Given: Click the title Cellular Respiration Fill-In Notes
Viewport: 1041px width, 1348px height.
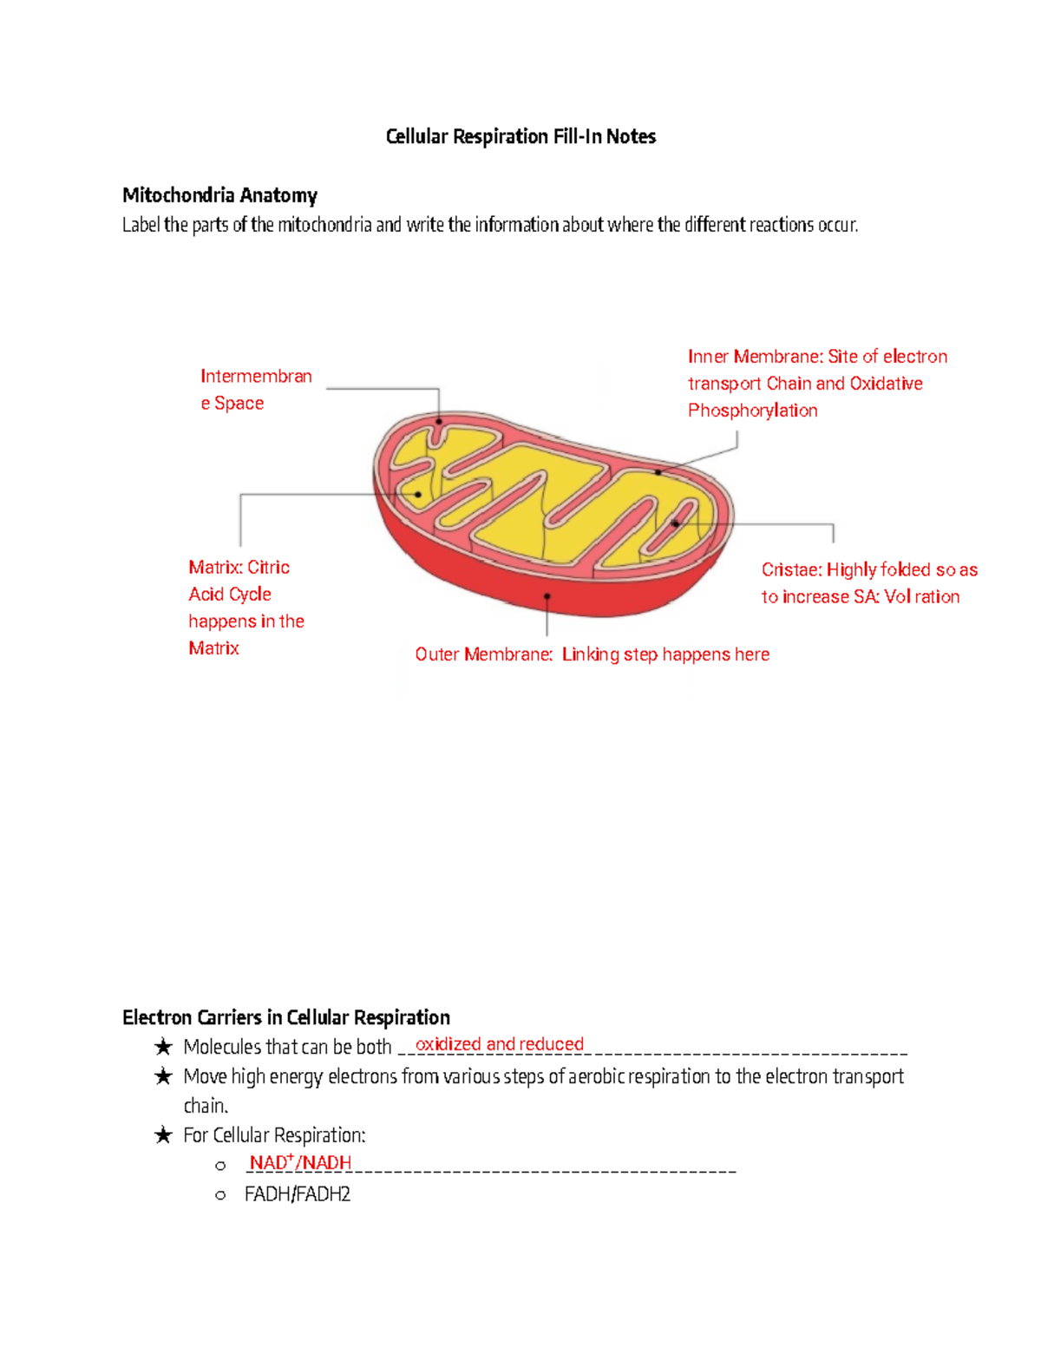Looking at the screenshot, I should (520, 136).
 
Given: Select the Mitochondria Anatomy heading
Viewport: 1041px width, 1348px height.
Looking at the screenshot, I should (219, 195).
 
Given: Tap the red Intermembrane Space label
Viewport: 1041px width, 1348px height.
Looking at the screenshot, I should (255, 389).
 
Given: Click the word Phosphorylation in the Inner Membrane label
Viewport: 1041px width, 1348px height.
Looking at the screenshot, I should (752, 411).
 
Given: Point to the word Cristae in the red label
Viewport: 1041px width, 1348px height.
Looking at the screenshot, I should (790, 570).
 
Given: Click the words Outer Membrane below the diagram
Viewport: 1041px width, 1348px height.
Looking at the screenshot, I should (483, 654).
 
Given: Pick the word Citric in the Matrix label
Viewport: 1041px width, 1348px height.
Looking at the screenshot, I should (268, 568).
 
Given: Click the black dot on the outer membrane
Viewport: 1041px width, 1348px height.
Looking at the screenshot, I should (547, 596).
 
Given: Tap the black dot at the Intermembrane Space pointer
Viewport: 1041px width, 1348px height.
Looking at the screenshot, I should (439, 422).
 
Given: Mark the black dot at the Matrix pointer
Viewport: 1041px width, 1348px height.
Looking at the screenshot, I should (418, 495).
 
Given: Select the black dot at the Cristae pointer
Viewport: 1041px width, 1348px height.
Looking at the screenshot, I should (675, 524).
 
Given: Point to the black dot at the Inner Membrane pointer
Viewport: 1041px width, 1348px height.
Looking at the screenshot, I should (658, 472).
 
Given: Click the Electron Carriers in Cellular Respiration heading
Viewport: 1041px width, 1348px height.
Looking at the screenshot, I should (286, 1017).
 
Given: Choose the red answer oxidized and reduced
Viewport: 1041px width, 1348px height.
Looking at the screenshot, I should (500, 1044).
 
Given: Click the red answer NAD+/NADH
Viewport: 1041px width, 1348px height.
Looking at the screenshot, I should (300, 1163).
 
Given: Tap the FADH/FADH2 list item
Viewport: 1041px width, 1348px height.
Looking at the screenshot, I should (298, 1194).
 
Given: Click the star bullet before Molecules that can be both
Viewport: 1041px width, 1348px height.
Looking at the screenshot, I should (163, 1047).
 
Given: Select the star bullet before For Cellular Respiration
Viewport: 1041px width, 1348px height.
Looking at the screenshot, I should (163, 1135).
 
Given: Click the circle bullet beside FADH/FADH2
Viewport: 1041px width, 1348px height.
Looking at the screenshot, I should (220, 1195).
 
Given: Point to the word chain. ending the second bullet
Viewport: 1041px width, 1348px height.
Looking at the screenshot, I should (206, 1106).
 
